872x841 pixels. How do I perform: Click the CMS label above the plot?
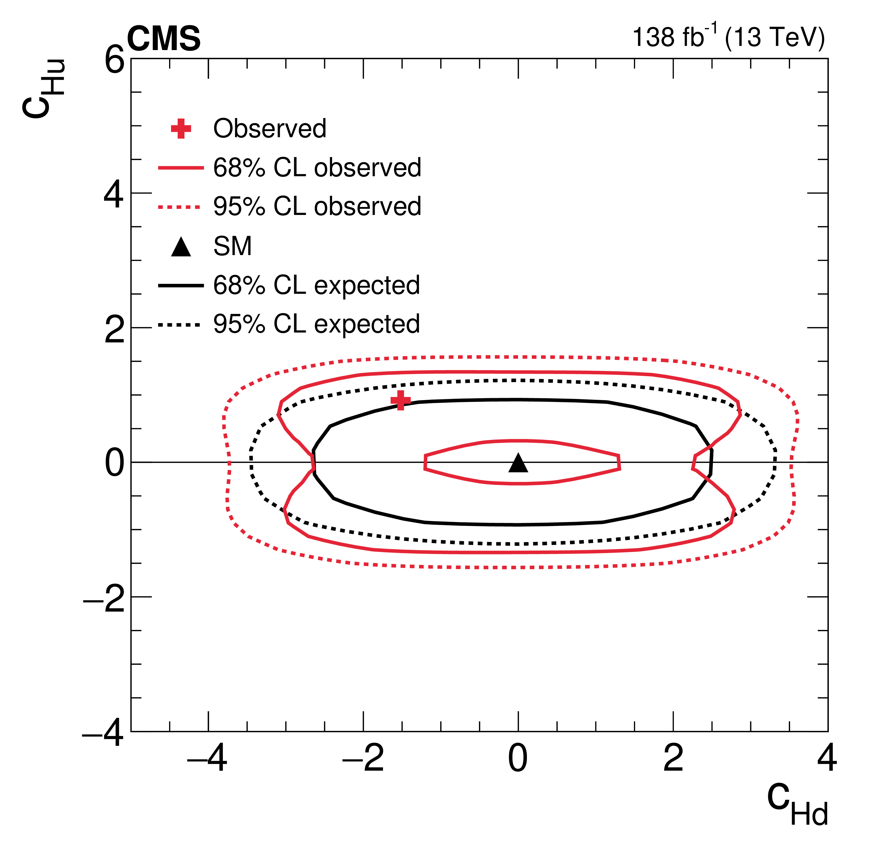(x=164, y=39)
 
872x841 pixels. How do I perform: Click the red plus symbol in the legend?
(x=181, y=129)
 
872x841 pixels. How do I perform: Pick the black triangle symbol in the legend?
(x=181, y=247)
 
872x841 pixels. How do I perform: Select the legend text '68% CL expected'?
(x=316, y=285)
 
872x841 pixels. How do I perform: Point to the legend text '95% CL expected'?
(x=316, y=324)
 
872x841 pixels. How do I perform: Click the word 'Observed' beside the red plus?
(x=270, y=129)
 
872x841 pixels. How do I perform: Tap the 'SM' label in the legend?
(x=232, y=246)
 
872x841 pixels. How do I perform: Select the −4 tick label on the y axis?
(x=103, y=735)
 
